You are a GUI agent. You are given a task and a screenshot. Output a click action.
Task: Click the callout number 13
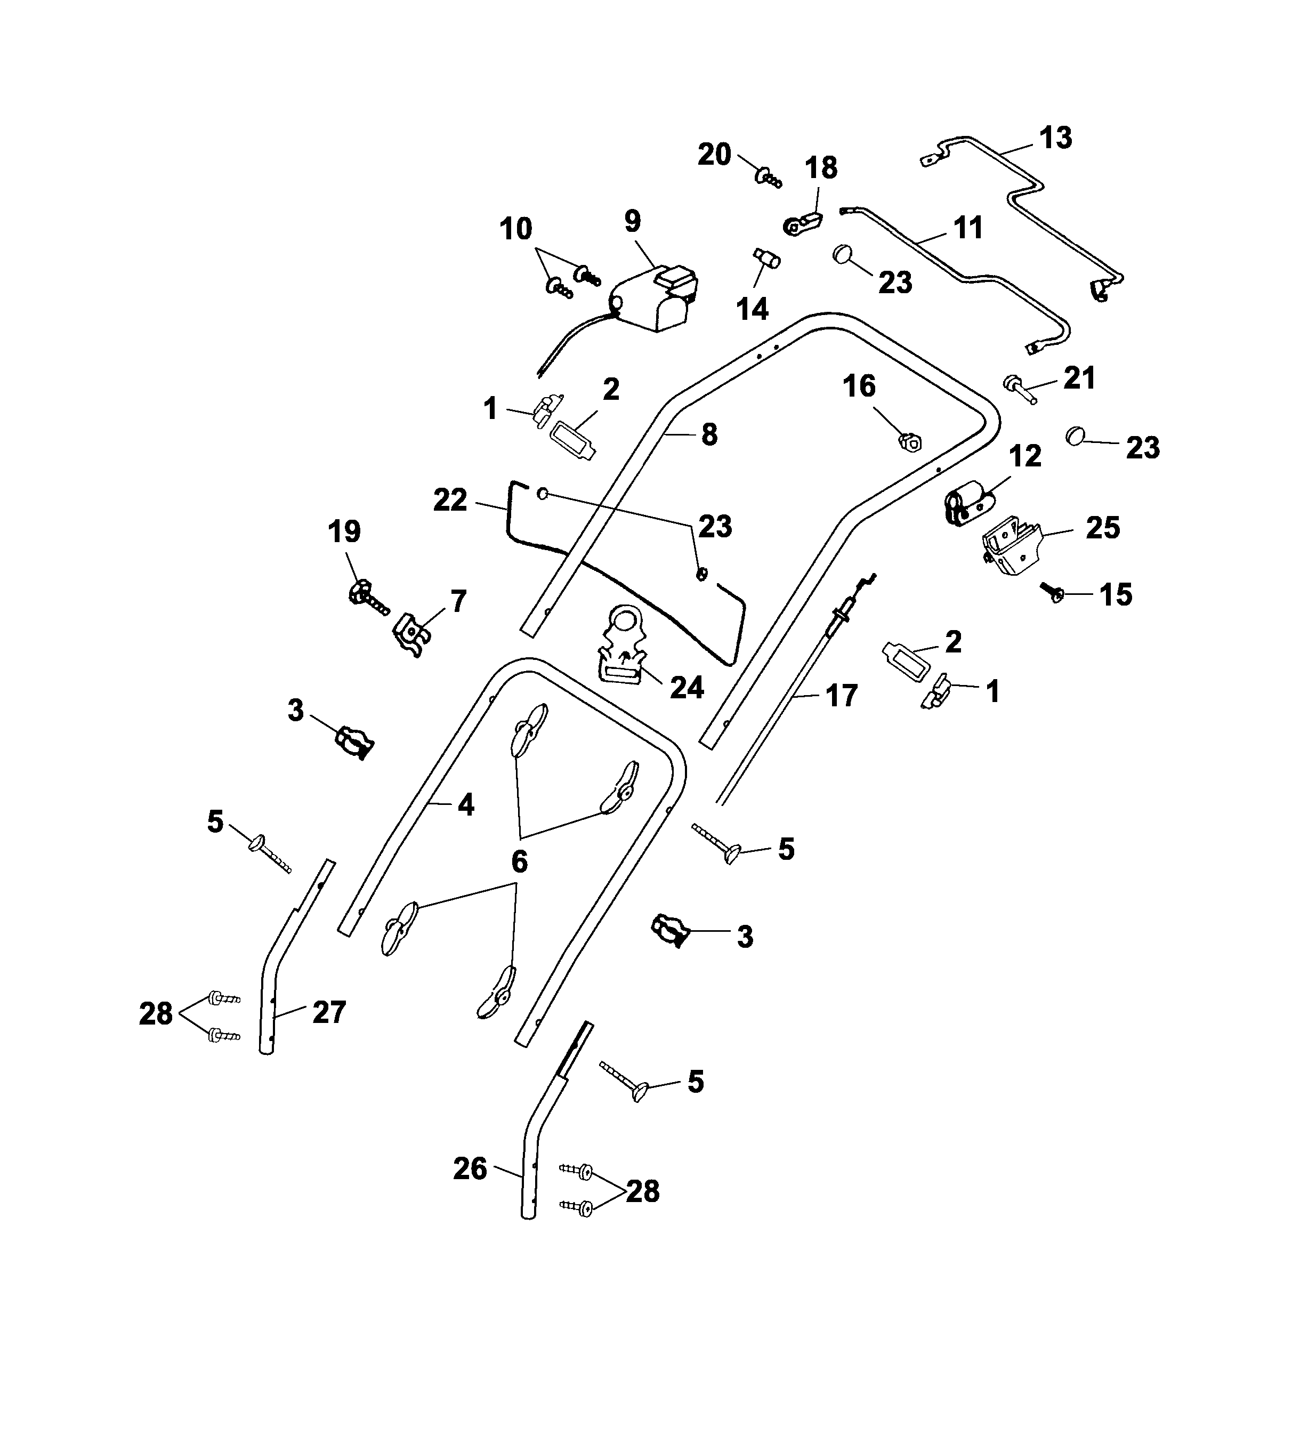click(1055, 138)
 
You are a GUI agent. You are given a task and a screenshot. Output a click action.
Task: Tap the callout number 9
click(632, 221)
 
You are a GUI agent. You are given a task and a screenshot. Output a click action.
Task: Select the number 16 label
click(859, 386)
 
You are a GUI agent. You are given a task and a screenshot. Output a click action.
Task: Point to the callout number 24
click(687, 688)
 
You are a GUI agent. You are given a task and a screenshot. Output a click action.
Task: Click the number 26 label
click(470, 1169)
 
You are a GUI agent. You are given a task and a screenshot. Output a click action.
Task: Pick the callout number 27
click(329, 1012)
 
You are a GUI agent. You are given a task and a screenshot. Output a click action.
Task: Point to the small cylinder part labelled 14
click(766, 259)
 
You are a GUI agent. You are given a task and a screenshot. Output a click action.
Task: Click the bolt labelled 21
click(1019, 389)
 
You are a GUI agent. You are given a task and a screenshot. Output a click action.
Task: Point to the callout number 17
click(841, 696)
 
